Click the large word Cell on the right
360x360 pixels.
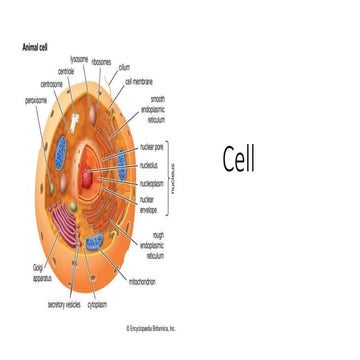(x=238, y=159)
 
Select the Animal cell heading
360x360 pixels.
(x=37, y=46)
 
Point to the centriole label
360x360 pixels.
(x=67, y=71)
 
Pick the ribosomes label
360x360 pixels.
(x=101, y=62)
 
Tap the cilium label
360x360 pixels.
(x=124, y=67)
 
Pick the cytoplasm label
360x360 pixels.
(x=98, y=304)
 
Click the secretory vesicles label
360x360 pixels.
(x=63, y=304)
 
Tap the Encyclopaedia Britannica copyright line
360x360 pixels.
(x=151, y=326)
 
